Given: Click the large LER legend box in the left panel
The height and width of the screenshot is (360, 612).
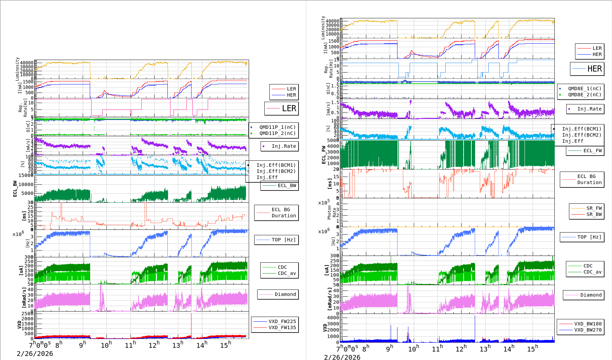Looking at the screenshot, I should (281, 108).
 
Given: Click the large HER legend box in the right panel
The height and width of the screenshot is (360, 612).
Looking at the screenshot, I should (587, 69).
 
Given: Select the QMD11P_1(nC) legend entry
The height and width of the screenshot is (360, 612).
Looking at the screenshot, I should (277, 127).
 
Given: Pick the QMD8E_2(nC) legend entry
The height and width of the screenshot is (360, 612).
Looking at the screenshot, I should (584, 95).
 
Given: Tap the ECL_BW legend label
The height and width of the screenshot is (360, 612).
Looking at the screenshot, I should (286, 185).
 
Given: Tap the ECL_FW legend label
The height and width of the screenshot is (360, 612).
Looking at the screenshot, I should (592, 151).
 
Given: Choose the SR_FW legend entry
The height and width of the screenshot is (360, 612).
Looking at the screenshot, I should (594, 208).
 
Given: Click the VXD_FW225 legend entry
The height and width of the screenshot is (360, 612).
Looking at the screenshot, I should (282, 321).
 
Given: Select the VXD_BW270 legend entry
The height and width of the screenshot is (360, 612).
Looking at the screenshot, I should (588, 330).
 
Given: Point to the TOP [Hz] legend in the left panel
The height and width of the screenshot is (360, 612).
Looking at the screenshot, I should (283, 240).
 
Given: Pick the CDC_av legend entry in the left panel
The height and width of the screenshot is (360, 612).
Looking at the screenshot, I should (286, 273).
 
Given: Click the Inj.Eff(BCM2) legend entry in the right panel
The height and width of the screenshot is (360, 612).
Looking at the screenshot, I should (581, 135).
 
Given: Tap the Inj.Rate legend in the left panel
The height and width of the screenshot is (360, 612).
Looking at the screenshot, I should (284, 146).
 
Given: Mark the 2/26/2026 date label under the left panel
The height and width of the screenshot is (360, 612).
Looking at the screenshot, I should (35, 354).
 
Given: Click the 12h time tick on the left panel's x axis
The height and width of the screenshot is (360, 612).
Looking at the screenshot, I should (154, 345).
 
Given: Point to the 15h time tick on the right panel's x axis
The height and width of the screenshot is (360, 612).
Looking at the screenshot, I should (532, 349).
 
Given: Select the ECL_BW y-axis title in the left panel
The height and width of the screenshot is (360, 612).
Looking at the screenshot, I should (15, 188).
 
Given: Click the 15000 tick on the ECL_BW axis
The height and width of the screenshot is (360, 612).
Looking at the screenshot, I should (26, 175).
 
